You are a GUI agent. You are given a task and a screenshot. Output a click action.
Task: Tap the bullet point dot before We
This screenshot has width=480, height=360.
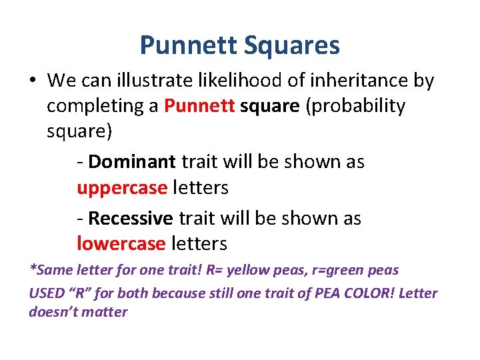pyautogui.click(x=32, y=81)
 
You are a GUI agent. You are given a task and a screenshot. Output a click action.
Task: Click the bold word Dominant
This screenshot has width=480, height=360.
pyautogui.click(x=132, y=162)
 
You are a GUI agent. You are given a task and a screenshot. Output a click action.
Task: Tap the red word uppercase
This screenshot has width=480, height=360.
pyautogui.click(x=122, y=188)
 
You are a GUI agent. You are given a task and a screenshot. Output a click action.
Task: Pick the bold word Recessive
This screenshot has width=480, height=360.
pyautogui.click(x=131, y=219)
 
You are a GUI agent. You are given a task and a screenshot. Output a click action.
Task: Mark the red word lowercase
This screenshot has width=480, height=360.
pyautogui.click(x=121, y=244)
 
